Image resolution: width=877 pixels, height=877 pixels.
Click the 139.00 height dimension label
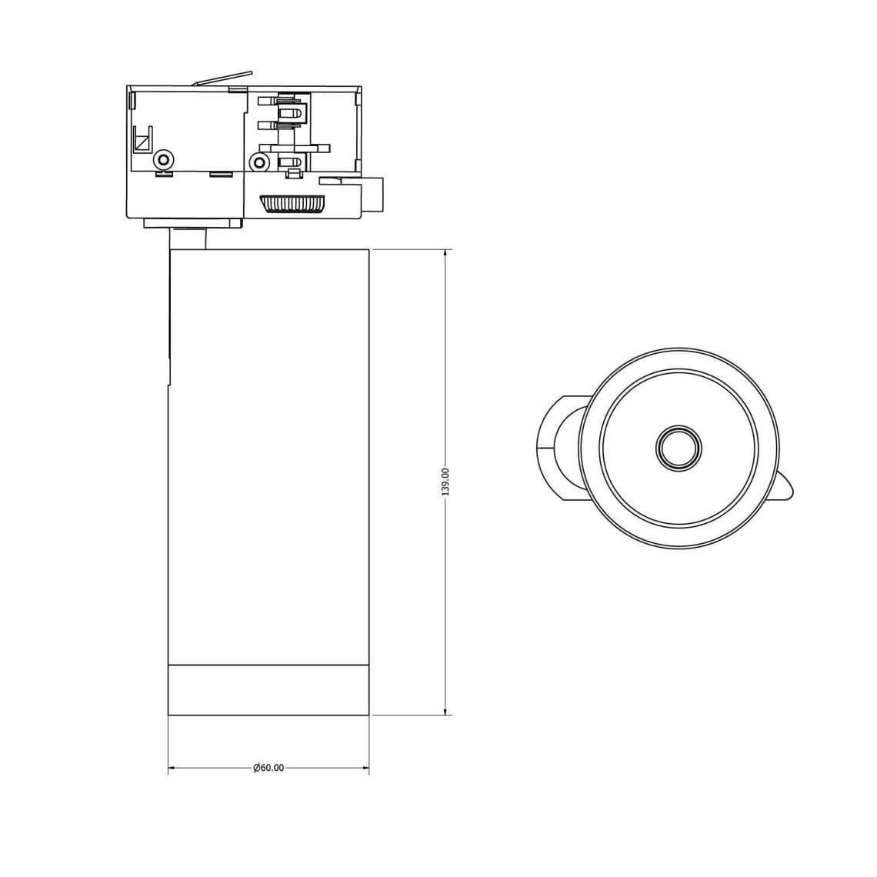click(445, 482)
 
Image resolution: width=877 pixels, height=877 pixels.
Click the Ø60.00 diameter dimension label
click(268, 768)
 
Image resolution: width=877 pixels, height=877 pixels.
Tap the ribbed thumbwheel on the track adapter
click(292, 204)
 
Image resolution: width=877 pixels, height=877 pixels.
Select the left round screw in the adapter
click(164, 159)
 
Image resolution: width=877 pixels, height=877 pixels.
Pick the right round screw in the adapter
click(258, 163)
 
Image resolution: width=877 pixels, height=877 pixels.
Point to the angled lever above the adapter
click(222, 79)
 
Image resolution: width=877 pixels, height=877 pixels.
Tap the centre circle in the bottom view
click(679, 448)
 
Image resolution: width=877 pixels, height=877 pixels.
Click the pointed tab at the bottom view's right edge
click(783, 487)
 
